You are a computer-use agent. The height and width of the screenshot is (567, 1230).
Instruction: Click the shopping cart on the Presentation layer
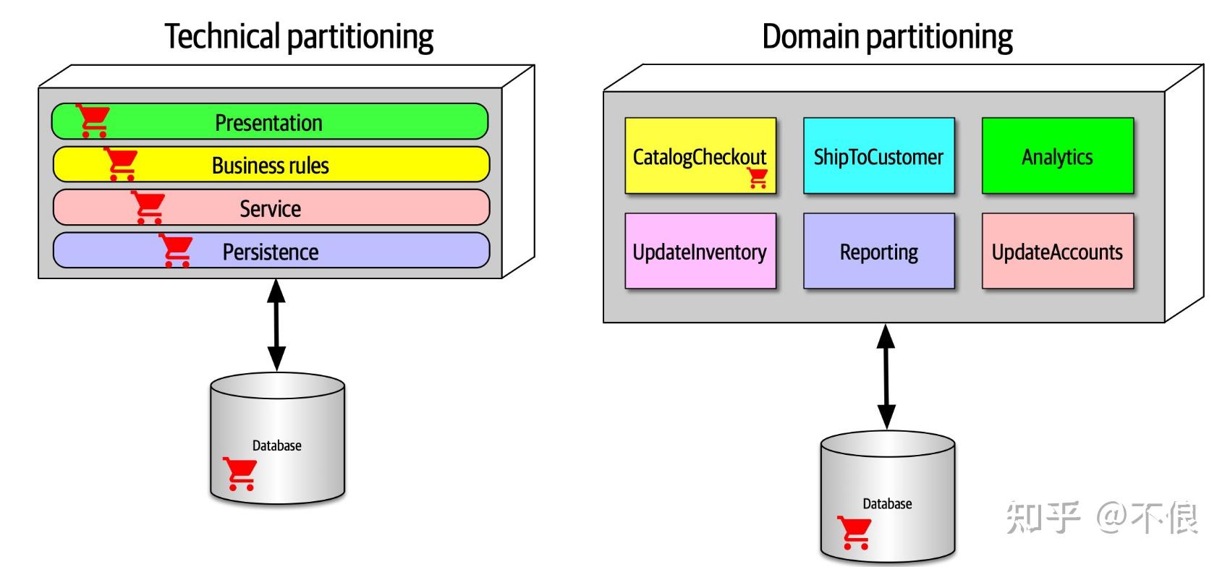coord(93,120)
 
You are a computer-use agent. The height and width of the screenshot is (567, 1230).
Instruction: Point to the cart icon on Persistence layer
coord(176,250)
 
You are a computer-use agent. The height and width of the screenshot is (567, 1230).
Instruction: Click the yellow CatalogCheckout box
coord(700,155)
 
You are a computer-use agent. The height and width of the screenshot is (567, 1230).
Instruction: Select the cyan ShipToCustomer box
coord(878,155)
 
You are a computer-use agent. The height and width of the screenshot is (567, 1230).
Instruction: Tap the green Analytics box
coord(1057,155)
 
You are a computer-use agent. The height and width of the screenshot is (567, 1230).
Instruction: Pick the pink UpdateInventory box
coord(700,251)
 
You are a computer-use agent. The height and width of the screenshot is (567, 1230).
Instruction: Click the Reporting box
coord(878,251)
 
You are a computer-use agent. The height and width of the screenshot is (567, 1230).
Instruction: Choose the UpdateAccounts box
coord(1057,251)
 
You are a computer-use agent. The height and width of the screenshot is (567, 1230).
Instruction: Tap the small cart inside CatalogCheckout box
coord(758,178)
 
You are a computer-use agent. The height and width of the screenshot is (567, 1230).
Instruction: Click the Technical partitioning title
coord(299,36)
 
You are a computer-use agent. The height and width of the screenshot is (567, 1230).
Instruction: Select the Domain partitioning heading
coord(887,36)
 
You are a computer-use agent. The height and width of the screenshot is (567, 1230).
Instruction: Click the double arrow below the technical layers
coord(276,325)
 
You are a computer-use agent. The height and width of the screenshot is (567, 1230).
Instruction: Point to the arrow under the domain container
coord(886,376)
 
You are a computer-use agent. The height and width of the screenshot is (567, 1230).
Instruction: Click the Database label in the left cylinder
coord(276,445)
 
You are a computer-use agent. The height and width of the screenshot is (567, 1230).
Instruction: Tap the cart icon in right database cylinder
coord(854,532)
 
